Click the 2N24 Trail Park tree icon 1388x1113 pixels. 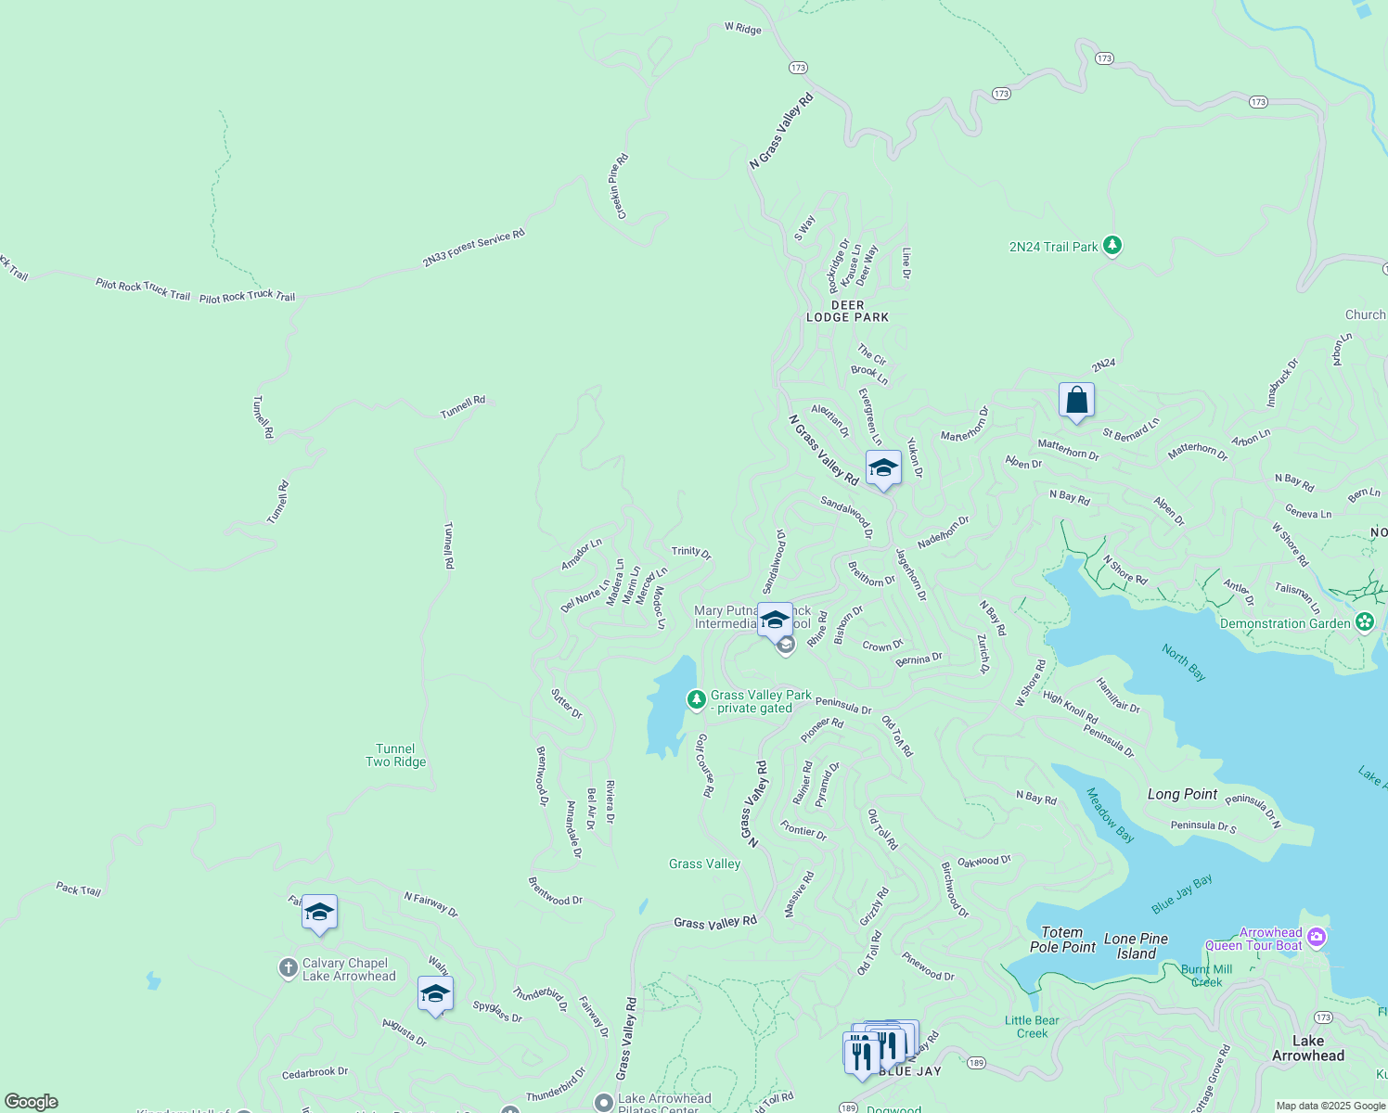[1112, 246]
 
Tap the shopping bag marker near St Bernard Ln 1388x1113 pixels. [1076, 402]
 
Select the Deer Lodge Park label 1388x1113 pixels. [847, 312]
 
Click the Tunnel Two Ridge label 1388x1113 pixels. [395, 755]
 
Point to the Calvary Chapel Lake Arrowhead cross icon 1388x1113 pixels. [288, 969]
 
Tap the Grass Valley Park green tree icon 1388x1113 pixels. [696, 699]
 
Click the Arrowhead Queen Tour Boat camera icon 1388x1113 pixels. [1316, 939]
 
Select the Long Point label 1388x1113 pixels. [1182, 794]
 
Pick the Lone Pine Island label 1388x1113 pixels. [1136, 946]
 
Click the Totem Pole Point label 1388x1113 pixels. [1062, 940]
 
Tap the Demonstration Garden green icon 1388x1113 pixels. [1364, 622]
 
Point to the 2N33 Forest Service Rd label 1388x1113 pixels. [473, 249]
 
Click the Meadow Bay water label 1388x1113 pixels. [1110, 815]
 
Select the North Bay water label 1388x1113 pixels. [1184, 662]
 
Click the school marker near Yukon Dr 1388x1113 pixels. [883, 468]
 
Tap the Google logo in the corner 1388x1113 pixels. [32, 1102]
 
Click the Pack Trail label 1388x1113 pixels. [78, 889]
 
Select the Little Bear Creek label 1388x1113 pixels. [1032, 1027]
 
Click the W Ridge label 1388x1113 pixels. [742, 29]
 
